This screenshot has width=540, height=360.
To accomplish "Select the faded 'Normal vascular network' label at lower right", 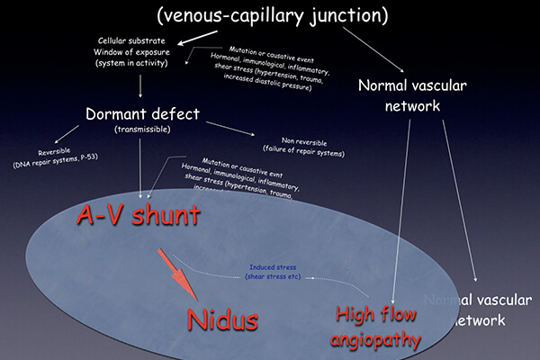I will click(x=468, y=308).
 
